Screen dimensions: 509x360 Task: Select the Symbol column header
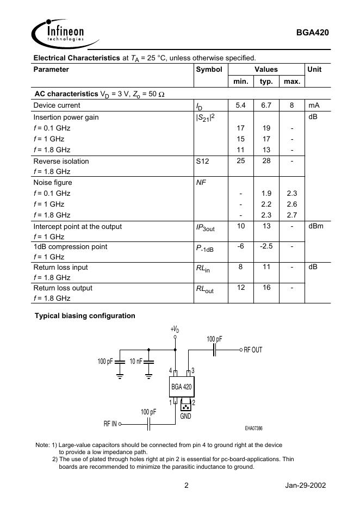point(209,70)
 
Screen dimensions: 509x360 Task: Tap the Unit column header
point(314,70)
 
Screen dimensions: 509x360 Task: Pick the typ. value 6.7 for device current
point(266,105)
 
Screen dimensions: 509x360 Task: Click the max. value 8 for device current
point(291,105)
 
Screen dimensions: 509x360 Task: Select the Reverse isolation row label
point(61,161)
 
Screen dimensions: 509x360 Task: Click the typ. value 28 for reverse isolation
point(266,161)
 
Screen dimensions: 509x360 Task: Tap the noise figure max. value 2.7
point(291,215)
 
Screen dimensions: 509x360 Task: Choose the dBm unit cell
point(315,226)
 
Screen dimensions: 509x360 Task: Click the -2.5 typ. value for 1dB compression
point(266,246)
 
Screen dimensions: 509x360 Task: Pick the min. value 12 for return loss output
point(240,288)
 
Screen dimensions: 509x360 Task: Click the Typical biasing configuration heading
point(85,315)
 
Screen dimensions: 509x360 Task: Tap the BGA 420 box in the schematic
point(181,387)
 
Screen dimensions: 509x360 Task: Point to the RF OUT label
point(252,350)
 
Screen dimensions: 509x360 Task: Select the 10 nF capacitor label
point(136,362)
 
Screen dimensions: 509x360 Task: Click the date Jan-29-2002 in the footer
point(305,486)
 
